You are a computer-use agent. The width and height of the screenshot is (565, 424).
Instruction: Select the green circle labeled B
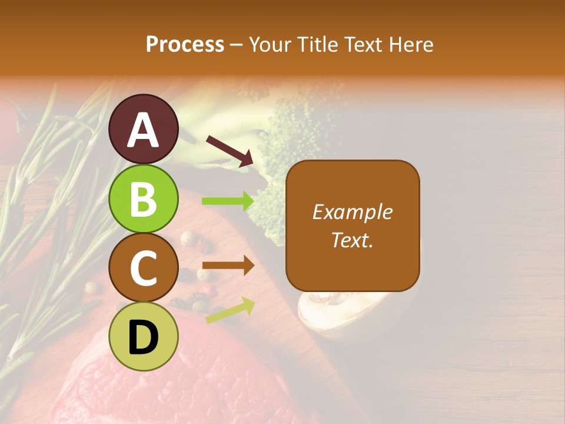(x=144, y=199)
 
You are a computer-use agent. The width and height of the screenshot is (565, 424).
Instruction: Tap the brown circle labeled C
(x=144, y=267)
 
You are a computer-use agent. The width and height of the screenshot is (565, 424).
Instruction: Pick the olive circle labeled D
(x=144, y=337)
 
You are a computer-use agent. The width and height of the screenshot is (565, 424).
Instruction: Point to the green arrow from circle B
(x=228, y=201)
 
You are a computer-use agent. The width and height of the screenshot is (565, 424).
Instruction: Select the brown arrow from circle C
(x=228, y=266)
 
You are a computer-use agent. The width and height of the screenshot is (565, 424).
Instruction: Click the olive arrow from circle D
(x=230, y=310)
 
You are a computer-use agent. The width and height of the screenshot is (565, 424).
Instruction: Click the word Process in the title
(x=185, y=44)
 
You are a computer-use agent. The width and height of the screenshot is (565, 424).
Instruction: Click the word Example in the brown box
(x=352, y=212)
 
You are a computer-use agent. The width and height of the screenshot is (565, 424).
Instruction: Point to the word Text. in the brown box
(x=352, y=240)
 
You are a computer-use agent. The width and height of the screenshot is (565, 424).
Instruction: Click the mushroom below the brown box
(x=330, y=318)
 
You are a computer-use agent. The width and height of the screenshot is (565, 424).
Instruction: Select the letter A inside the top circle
(x=144, y=130)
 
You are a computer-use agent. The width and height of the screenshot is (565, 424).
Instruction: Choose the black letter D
(x=144, y=337)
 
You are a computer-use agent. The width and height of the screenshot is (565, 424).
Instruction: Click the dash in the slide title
(x=237, y=45)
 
